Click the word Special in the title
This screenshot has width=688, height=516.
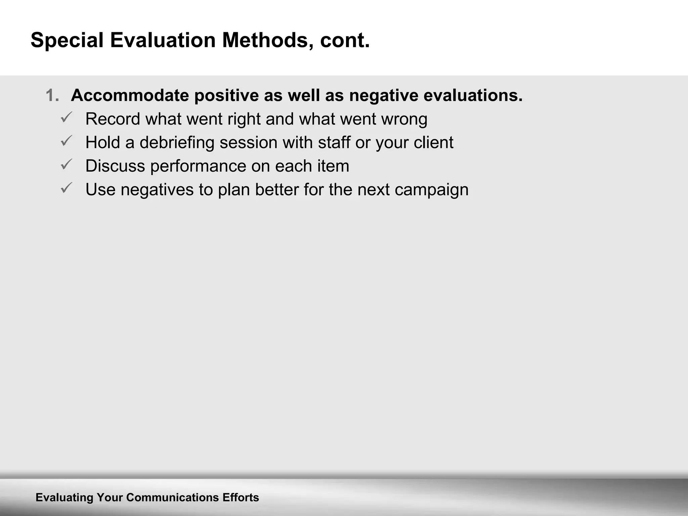[x=67, y=41]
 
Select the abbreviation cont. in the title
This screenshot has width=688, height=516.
[x=345, y=41]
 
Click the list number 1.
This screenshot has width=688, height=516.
[x=52, y=95]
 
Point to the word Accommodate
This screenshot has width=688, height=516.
[x=130, y=95]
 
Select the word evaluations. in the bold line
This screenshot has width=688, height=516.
[x=473, y=95]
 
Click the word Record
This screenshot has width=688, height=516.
[x=113, y=119]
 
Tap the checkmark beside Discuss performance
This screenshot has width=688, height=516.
[x=66, y=165]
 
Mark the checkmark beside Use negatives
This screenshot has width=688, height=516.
[x=66, y=188]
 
